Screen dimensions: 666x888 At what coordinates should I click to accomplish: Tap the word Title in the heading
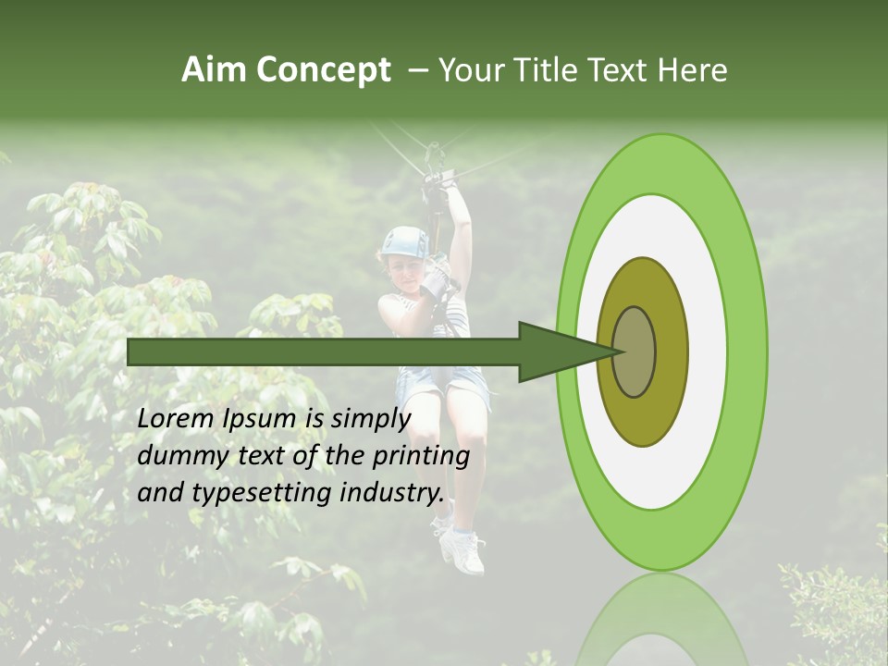point(551,70)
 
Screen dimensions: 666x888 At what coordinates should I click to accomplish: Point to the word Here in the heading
point(692,70)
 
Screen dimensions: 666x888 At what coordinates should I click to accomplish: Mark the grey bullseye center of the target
point(634,351)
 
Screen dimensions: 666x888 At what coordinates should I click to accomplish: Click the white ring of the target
point(707,351)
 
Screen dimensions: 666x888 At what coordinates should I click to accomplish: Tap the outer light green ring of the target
point(746,351)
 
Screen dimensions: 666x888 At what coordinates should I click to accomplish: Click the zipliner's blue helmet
point(405,242)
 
